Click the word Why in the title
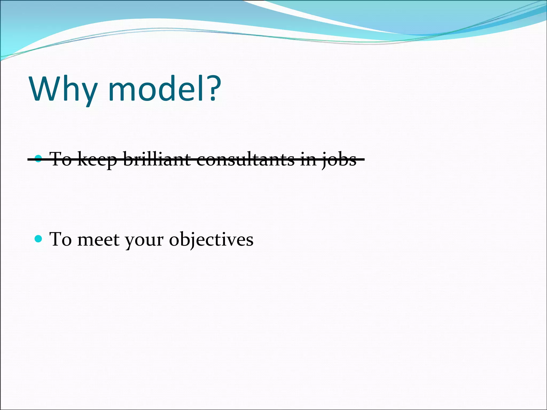[63, 89]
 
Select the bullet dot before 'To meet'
[38, 238]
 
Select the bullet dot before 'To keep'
[38, 159]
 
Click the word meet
[98, 239]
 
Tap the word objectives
[211, 239]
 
